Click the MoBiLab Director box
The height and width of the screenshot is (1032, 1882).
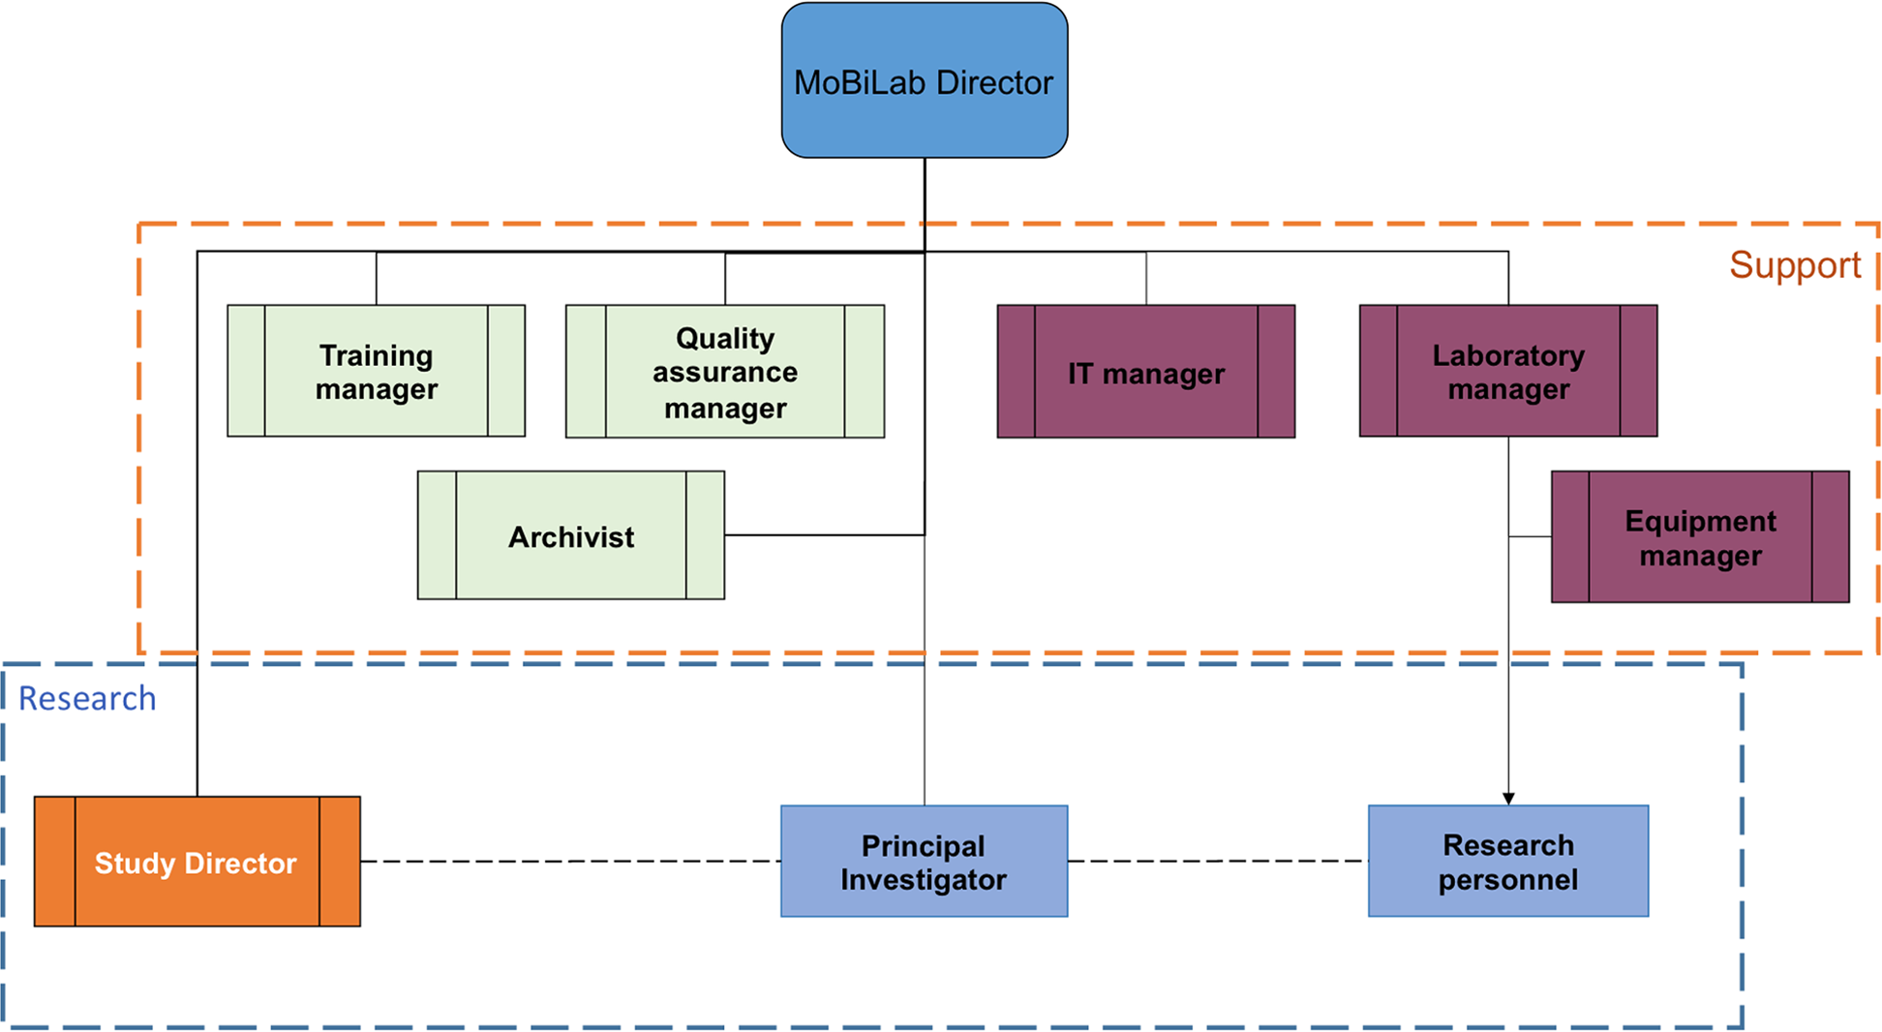[x=924, y=81]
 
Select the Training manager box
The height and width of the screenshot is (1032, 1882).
[x=376, y=372]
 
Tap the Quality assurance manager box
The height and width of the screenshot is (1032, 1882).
[x=724, y=372]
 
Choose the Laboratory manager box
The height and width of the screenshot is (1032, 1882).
[x=1507, y=372]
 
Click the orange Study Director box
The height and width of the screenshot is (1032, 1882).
[x=197, y=862]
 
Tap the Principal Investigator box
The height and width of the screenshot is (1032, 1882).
[x=924, y=862]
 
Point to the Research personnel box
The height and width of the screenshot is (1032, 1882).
[x=1507, y=862]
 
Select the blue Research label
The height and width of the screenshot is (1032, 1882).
[x=87, y=698]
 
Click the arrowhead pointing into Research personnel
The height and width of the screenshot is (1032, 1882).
[x=1508, y=799]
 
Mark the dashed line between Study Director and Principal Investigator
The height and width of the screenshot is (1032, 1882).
[x=571, y=861]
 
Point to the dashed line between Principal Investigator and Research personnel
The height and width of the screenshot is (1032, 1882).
[x=1218, y=861]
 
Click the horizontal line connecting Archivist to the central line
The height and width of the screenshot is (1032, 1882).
[x=823, y=534]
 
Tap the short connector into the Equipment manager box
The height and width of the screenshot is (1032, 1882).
[x=1530, y=536]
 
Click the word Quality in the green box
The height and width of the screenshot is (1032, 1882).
[x=724, y=338]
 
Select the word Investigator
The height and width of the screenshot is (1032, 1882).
[x=924, y=879]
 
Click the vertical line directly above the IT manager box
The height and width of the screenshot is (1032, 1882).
[x=1146, y=279]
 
